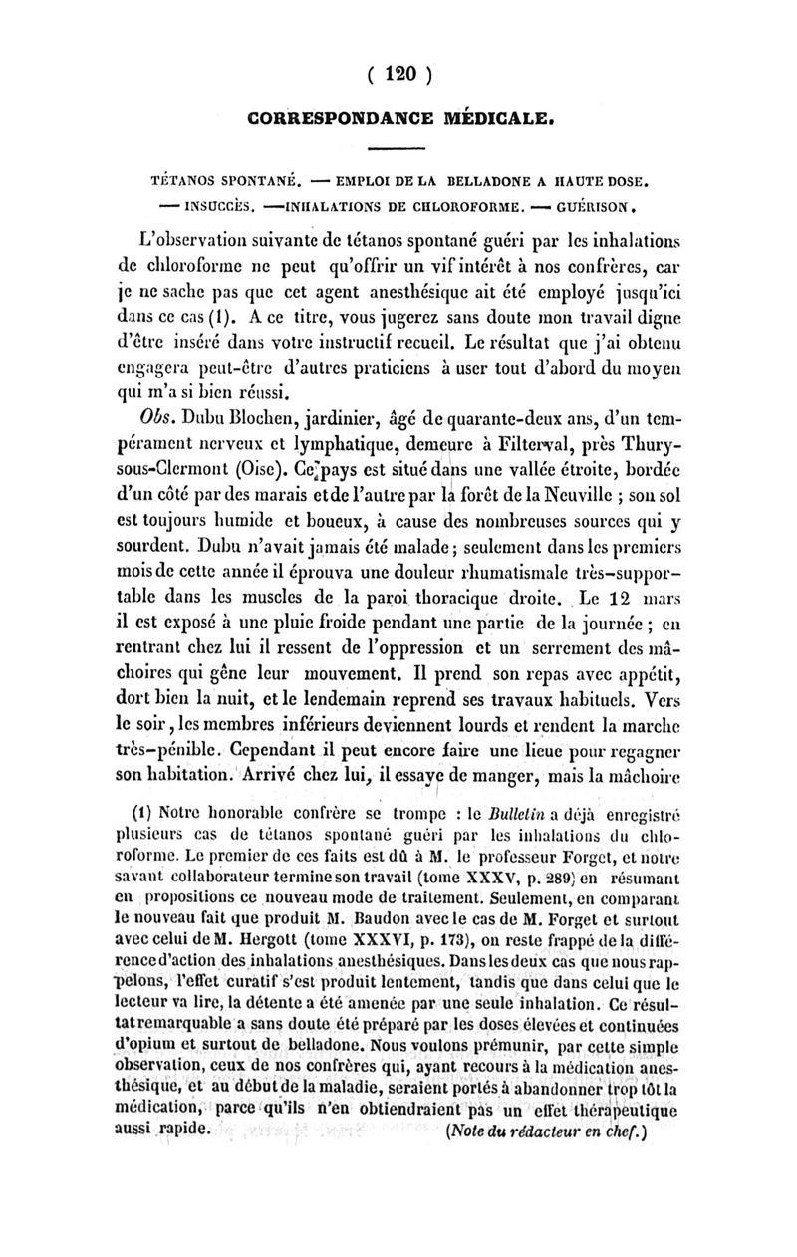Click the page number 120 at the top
click(x=398, y=74)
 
